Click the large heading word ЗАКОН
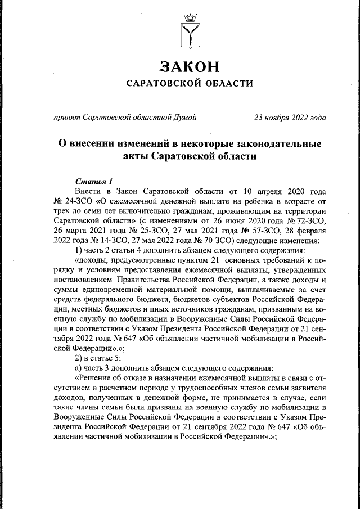[188, 66]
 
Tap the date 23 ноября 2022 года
[290, 118]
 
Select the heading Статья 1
[93, 182]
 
